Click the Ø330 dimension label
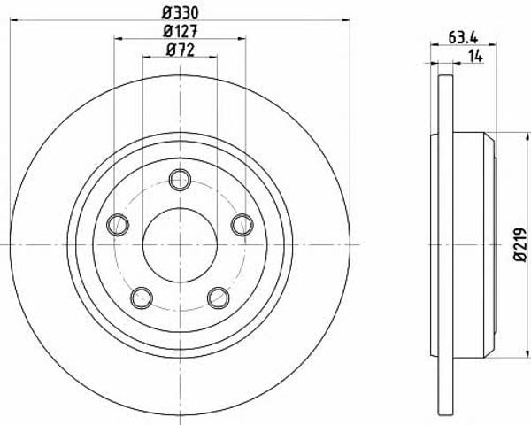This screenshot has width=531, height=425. click(180, 13)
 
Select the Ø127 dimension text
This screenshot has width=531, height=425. click(180, 32)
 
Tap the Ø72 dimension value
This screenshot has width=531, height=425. click(181, 50)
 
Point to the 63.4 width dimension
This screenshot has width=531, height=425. click(463, 37)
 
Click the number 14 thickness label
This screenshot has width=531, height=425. click(475, 57)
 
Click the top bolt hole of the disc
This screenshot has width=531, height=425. click(180, 180)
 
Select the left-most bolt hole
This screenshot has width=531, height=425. click(118, 225)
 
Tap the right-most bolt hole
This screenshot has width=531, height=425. click(242, 224)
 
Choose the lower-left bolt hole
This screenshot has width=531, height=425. click(142, 297)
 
